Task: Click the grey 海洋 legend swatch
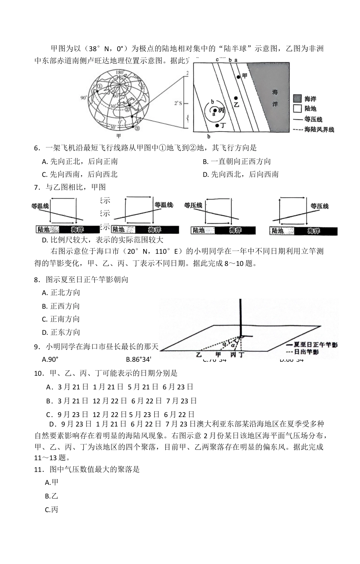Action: (297, 99)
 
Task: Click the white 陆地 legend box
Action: (297, 109)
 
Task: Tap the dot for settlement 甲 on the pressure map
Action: (238, 77)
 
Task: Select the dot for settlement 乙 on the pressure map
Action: (236, 98)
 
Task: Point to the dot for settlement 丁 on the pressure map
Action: (217, 125)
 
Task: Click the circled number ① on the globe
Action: (99, 86)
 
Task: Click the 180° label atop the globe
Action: (119, 72)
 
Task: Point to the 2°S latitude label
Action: (178, 103)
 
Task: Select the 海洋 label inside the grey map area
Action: (275, 98)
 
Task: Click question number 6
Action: (37, 148)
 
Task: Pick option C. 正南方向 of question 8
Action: (61, 319)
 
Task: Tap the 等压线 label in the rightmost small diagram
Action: (319, 206)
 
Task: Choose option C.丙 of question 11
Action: (52, 510)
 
